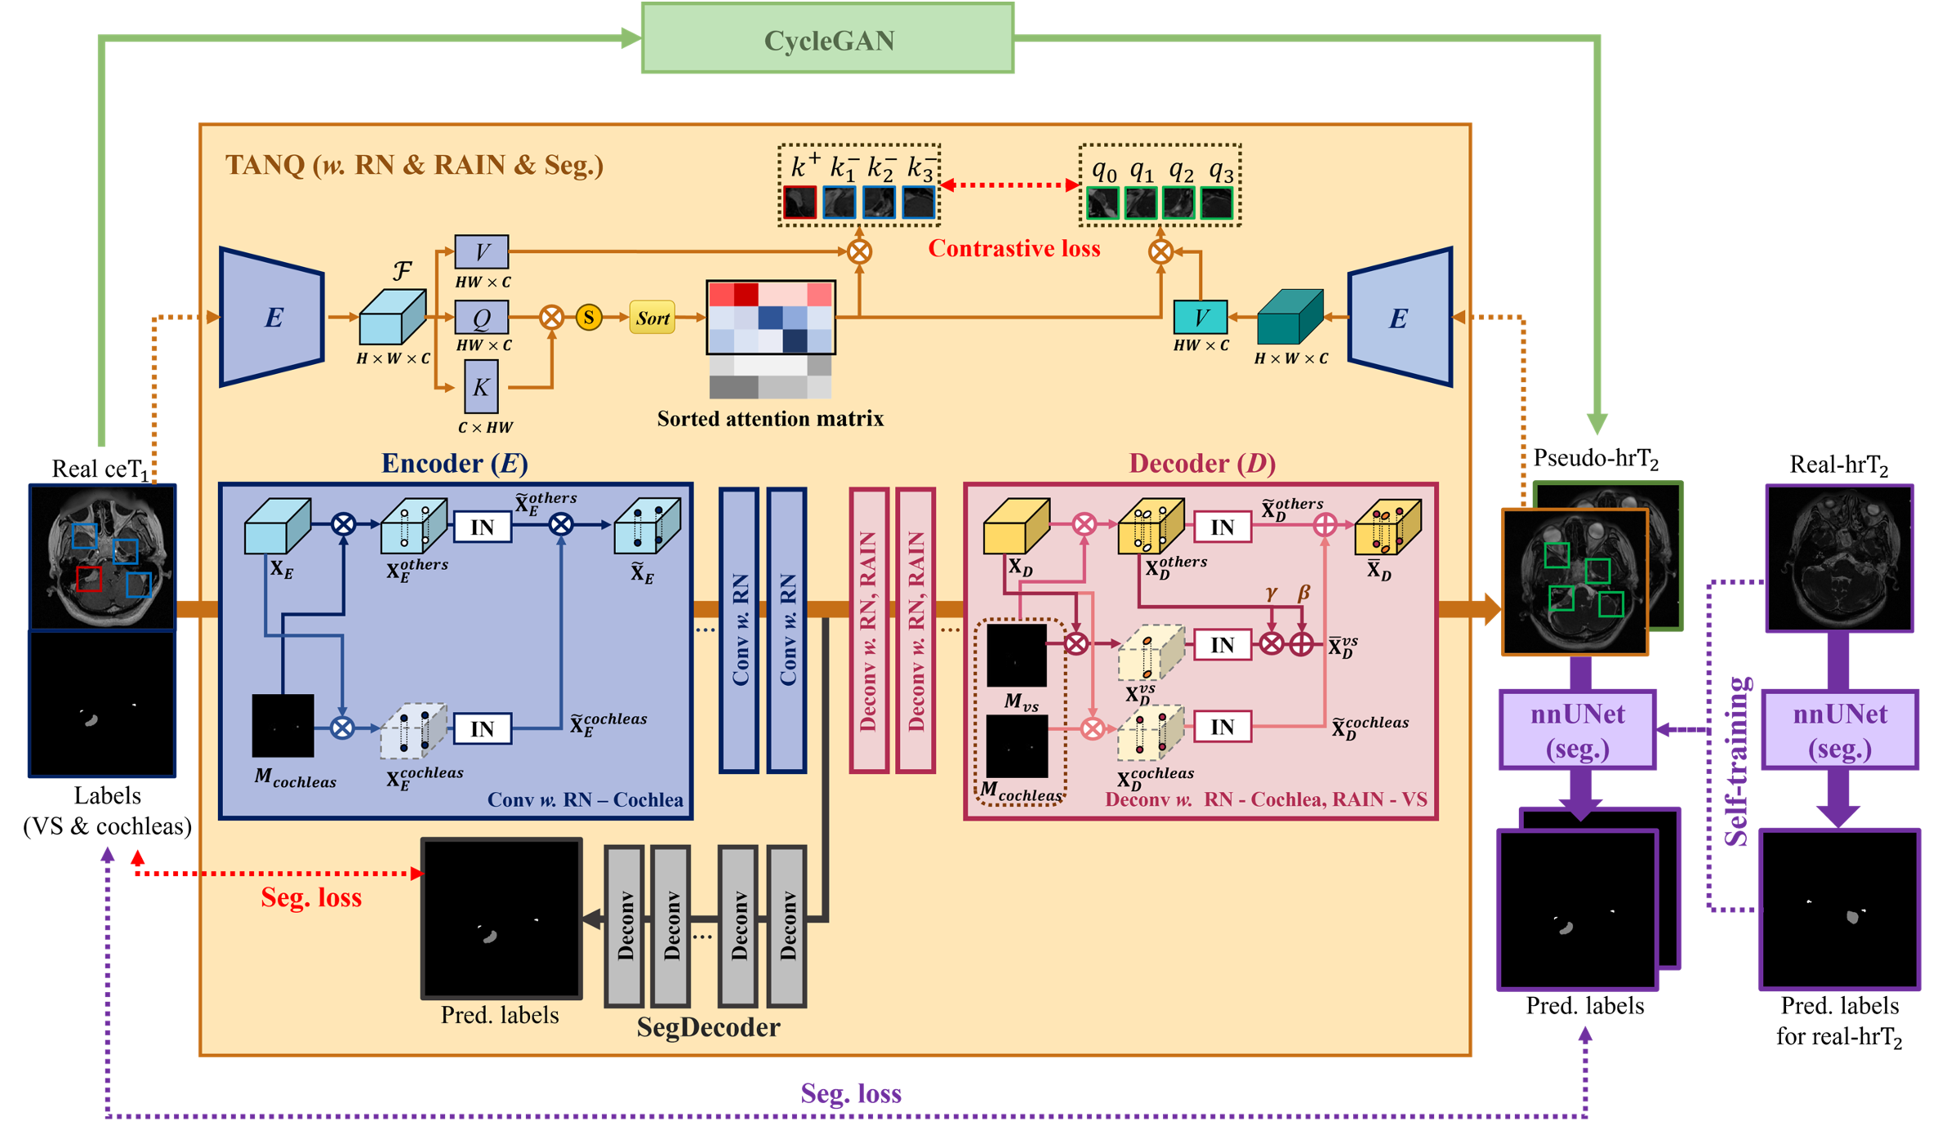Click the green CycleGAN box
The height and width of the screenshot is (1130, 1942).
pos(827,39)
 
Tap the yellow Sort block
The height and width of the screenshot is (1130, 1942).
pos(653,318)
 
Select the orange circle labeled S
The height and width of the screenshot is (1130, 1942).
pos(589,317)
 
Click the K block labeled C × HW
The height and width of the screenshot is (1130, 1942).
pos(481,387)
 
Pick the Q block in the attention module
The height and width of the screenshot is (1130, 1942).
pos(482,318)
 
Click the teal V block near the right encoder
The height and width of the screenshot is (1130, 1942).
pos(1200,317)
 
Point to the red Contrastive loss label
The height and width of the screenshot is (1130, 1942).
pos(1013,248)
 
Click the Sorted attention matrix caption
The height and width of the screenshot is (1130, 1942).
pos(770,419)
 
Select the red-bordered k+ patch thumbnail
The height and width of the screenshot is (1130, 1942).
pos(800,202)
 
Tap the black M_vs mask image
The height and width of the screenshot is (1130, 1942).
pos(1017,656)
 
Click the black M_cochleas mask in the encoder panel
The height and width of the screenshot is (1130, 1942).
pos(283,725)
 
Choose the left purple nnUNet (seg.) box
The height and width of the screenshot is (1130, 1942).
pos(1578,730)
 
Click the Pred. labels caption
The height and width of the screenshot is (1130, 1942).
pos(500,1015)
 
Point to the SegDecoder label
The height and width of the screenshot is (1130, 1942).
pos(708,1027)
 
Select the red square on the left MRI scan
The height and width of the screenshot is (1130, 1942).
pos(88,579)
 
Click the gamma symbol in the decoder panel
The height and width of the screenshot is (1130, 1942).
pos(1271,594)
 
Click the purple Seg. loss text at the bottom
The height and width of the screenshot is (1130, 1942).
pos(850,1093)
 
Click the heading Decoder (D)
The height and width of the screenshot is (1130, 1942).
pos(1201,463)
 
